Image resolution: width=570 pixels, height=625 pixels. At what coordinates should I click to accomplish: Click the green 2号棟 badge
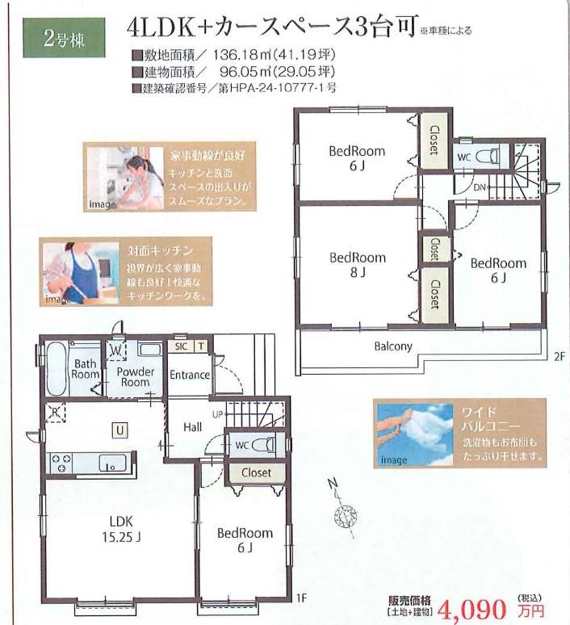point(64,38)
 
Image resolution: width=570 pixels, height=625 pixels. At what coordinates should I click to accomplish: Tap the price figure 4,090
point(472,609)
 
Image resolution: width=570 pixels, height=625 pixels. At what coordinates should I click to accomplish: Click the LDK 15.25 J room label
point(121,530)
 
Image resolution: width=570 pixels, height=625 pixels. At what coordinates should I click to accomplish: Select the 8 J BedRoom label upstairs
point(358,265)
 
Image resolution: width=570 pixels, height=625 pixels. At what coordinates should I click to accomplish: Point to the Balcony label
point(393,346)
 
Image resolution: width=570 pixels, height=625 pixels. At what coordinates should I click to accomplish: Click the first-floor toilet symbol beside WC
point(264,445)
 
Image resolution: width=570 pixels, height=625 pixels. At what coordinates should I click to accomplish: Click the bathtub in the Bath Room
point(57,369)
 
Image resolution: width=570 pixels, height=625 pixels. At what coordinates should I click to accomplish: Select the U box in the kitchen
point(120,430)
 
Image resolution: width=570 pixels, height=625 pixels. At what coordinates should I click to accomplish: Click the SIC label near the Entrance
point(181,346)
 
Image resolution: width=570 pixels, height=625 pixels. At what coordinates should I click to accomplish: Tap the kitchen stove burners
point(62,464)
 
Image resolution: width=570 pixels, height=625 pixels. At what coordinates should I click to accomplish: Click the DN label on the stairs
point(480,187)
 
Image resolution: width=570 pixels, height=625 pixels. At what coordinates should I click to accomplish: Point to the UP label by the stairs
point(218,414)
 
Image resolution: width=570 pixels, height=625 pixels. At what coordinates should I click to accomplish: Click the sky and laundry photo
point(415,434)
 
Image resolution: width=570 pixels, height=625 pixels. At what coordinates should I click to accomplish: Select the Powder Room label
point(135,376)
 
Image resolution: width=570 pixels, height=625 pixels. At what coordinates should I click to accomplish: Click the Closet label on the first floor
point(256,472)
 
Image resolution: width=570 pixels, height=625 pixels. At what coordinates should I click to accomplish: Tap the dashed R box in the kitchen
point(55,413)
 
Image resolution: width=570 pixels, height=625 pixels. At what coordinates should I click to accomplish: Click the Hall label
point(192,427)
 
